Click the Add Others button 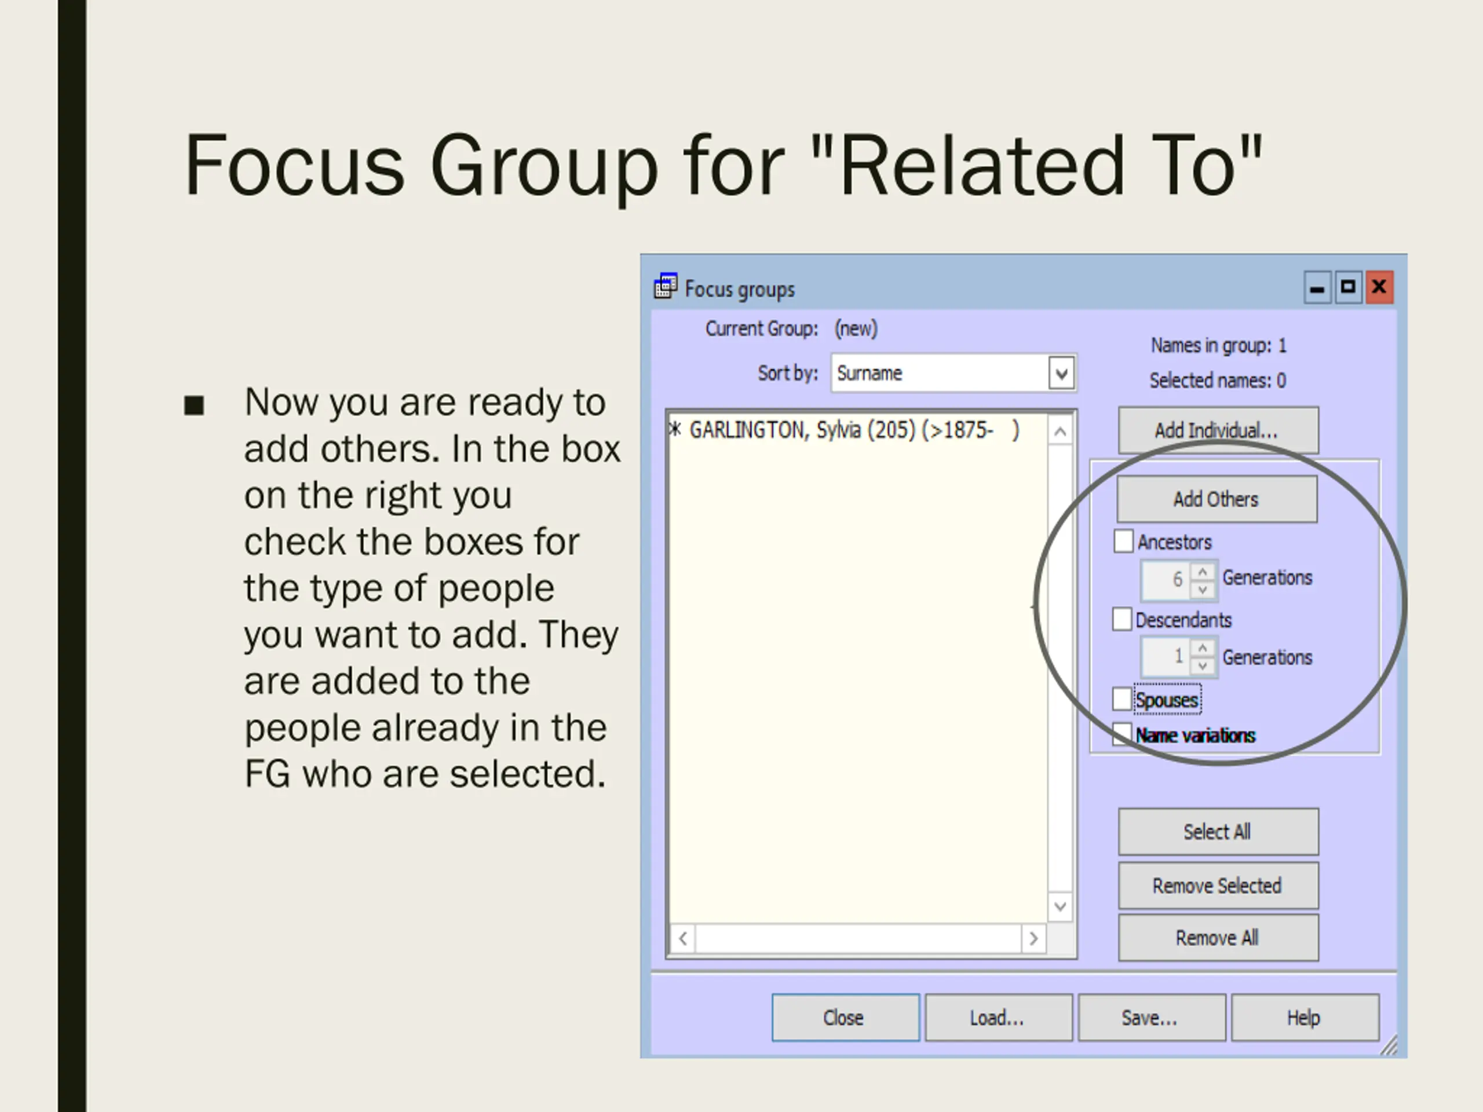1216,499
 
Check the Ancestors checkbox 1123,541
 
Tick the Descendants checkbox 1122,619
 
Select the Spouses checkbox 1122,699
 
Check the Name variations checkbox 1121,734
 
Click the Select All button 1218,832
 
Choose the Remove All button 1218,938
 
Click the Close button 845,1018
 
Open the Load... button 998,1018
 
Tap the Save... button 1150,1018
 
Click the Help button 1304,1018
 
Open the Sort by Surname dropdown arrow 1061,374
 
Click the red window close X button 1379,287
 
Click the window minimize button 1317,287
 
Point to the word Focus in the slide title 295,166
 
